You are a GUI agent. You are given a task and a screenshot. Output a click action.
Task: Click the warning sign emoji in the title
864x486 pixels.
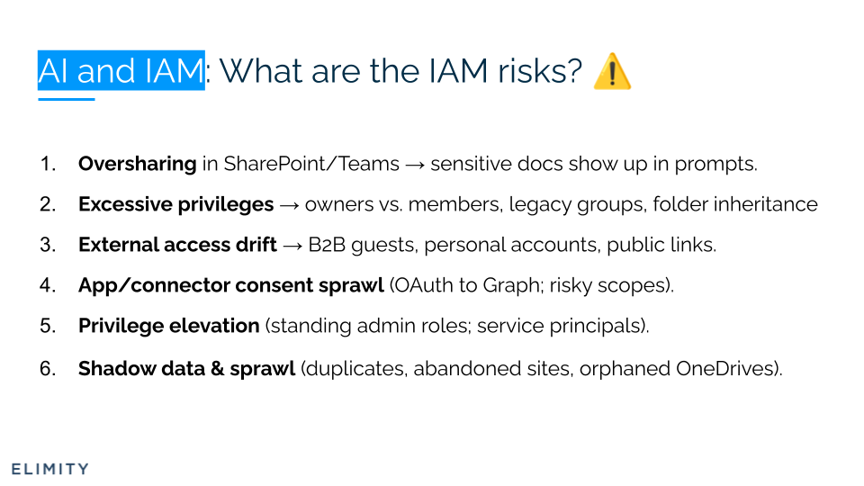click(x=612, y=71)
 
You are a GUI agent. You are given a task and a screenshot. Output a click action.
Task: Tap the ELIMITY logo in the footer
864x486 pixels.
click(x=49, y=469)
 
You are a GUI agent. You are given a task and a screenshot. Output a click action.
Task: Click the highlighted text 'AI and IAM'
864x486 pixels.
click(x=121, y=70)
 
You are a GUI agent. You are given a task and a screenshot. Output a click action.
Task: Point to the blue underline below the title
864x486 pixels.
click(x=66, y=99)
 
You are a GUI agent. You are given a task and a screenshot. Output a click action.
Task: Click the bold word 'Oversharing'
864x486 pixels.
click(x=137, y=164)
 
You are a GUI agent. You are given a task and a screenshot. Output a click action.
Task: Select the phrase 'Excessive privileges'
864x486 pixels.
click(x=175, y=204)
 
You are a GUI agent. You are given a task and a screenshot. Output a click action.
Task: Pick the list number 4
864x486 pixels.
click(x=48, y=285)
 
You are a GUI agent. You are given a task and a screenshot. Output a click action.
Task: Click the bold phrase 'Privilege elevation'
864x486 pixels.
click(x=168, y=326)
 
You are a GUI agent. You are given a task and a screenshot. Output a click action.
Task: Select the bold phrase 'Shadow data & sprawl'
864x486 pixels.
click(x=186, y=368)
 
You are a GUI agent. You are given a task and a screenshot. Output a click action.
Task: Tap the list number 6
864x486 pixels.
click(x=48, y=368)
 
